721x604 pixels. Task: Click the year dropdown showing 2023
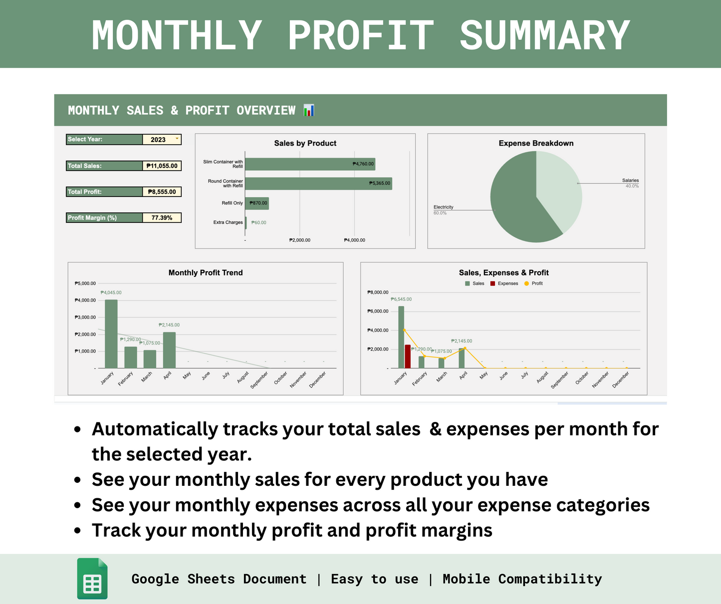pyautogui.click(x=161, y=140)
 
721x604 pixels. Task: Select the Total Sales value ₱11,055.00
pyautogui.click(x=162, y=166)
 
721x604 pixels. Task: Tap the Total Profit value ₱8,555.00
pyautogui.click(x=162, y=192)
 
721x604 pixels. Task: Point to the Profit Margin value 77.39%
pyautogui.click(x=162, y=217)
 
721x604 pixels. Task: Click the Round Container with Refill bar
pyautogui.click(x=318, y=184)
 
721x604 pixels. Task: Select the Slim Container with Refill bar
pyautogui.click(x=309, y=164)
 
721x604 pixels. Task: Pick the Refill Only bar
pyautogui.click(x=256, y=203)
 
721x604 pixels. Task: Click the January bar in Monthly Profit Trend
pyautogui.click(x=111, y=334)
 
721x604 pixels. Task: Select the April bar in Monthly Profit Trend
pyautogui.click(x=169, y=350)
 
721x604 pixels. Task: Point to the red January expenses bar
pyautogui.click(x=408, y=356)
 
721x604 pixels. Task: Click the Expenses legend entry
pyautogui.click(x=504, y=283)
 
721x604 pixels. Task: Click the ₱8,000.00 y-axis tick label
pyautogui.click(x=378, y=292)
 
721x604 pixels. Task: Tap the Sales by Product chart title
pyautogui.click(x=305, y=143)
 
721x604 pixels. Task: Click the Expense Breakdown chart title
pyautogui.click(x=536, y=143)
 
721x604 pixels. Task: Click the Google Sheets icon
pyautogui.click(x=92, y=579)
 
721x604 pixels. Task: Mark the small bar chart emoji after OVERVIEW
pyautogui.click(x=309, y=110)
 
